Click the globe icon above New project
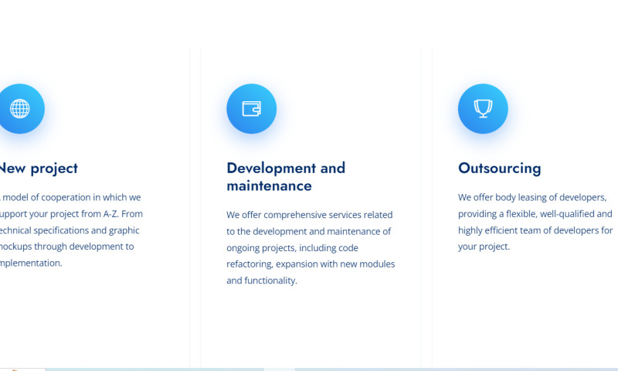[19, 109]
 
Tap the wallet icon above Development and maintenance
[251, 109]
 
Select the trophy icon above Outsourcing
[483, 109]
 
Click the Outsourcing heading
[499, 168]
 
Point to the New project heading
[39, 168]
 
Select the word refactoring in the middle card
[250, 264]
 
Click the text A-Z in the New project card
[110, 214]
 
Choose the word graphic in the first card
[124, 230]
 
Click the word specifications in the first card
[69, 230]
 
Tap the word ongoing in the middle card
[245, 247]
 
